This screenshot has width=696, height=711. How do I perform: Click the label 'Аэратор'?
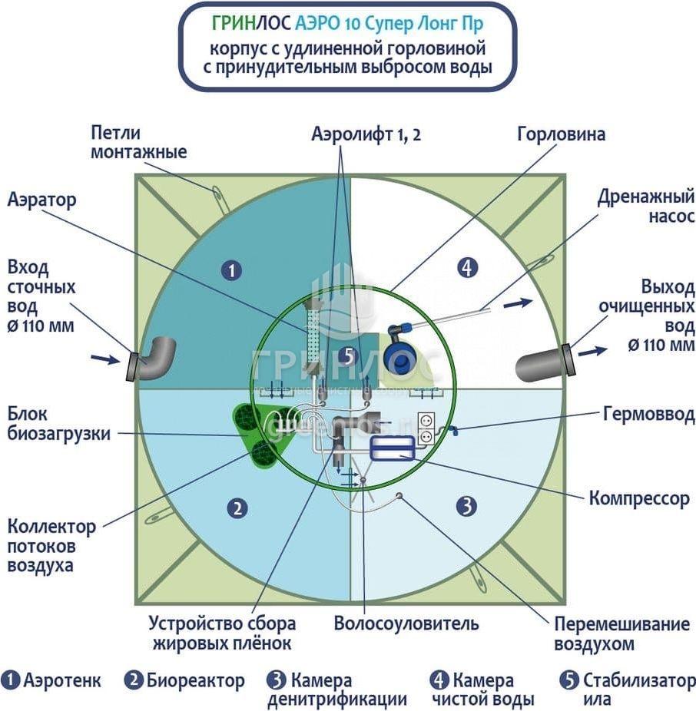click(x=42, y=200)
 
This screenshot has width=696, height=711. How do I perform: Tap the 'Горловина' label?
click(x=561, y=134)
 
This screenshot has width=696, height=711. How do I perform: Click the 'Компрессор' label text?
click(x=639, y=498)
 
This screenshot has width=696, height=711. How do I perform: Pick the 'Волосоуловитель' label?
click(x=406, y=623)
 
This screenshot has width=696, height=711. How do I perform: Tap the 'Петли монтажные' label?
click(x=138, y=142)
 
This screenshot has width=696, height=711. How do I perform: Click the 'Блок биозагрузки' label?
click(x=58, y=424)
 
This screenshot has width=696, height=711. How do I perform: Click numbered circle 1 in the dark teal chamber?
click(x=230, y=270)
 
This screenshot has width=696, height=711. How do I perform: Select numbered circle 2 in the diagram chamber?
click(x=238, y=508)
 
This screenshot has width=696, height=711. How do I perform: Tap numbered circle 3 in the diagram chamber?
click(x=466, y=506)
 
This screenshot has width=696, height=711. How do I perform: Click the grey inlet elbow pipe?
click(x=154, y=359)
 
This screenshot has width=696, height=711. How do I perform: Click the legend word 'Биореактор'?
click(x=195, y=680)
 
